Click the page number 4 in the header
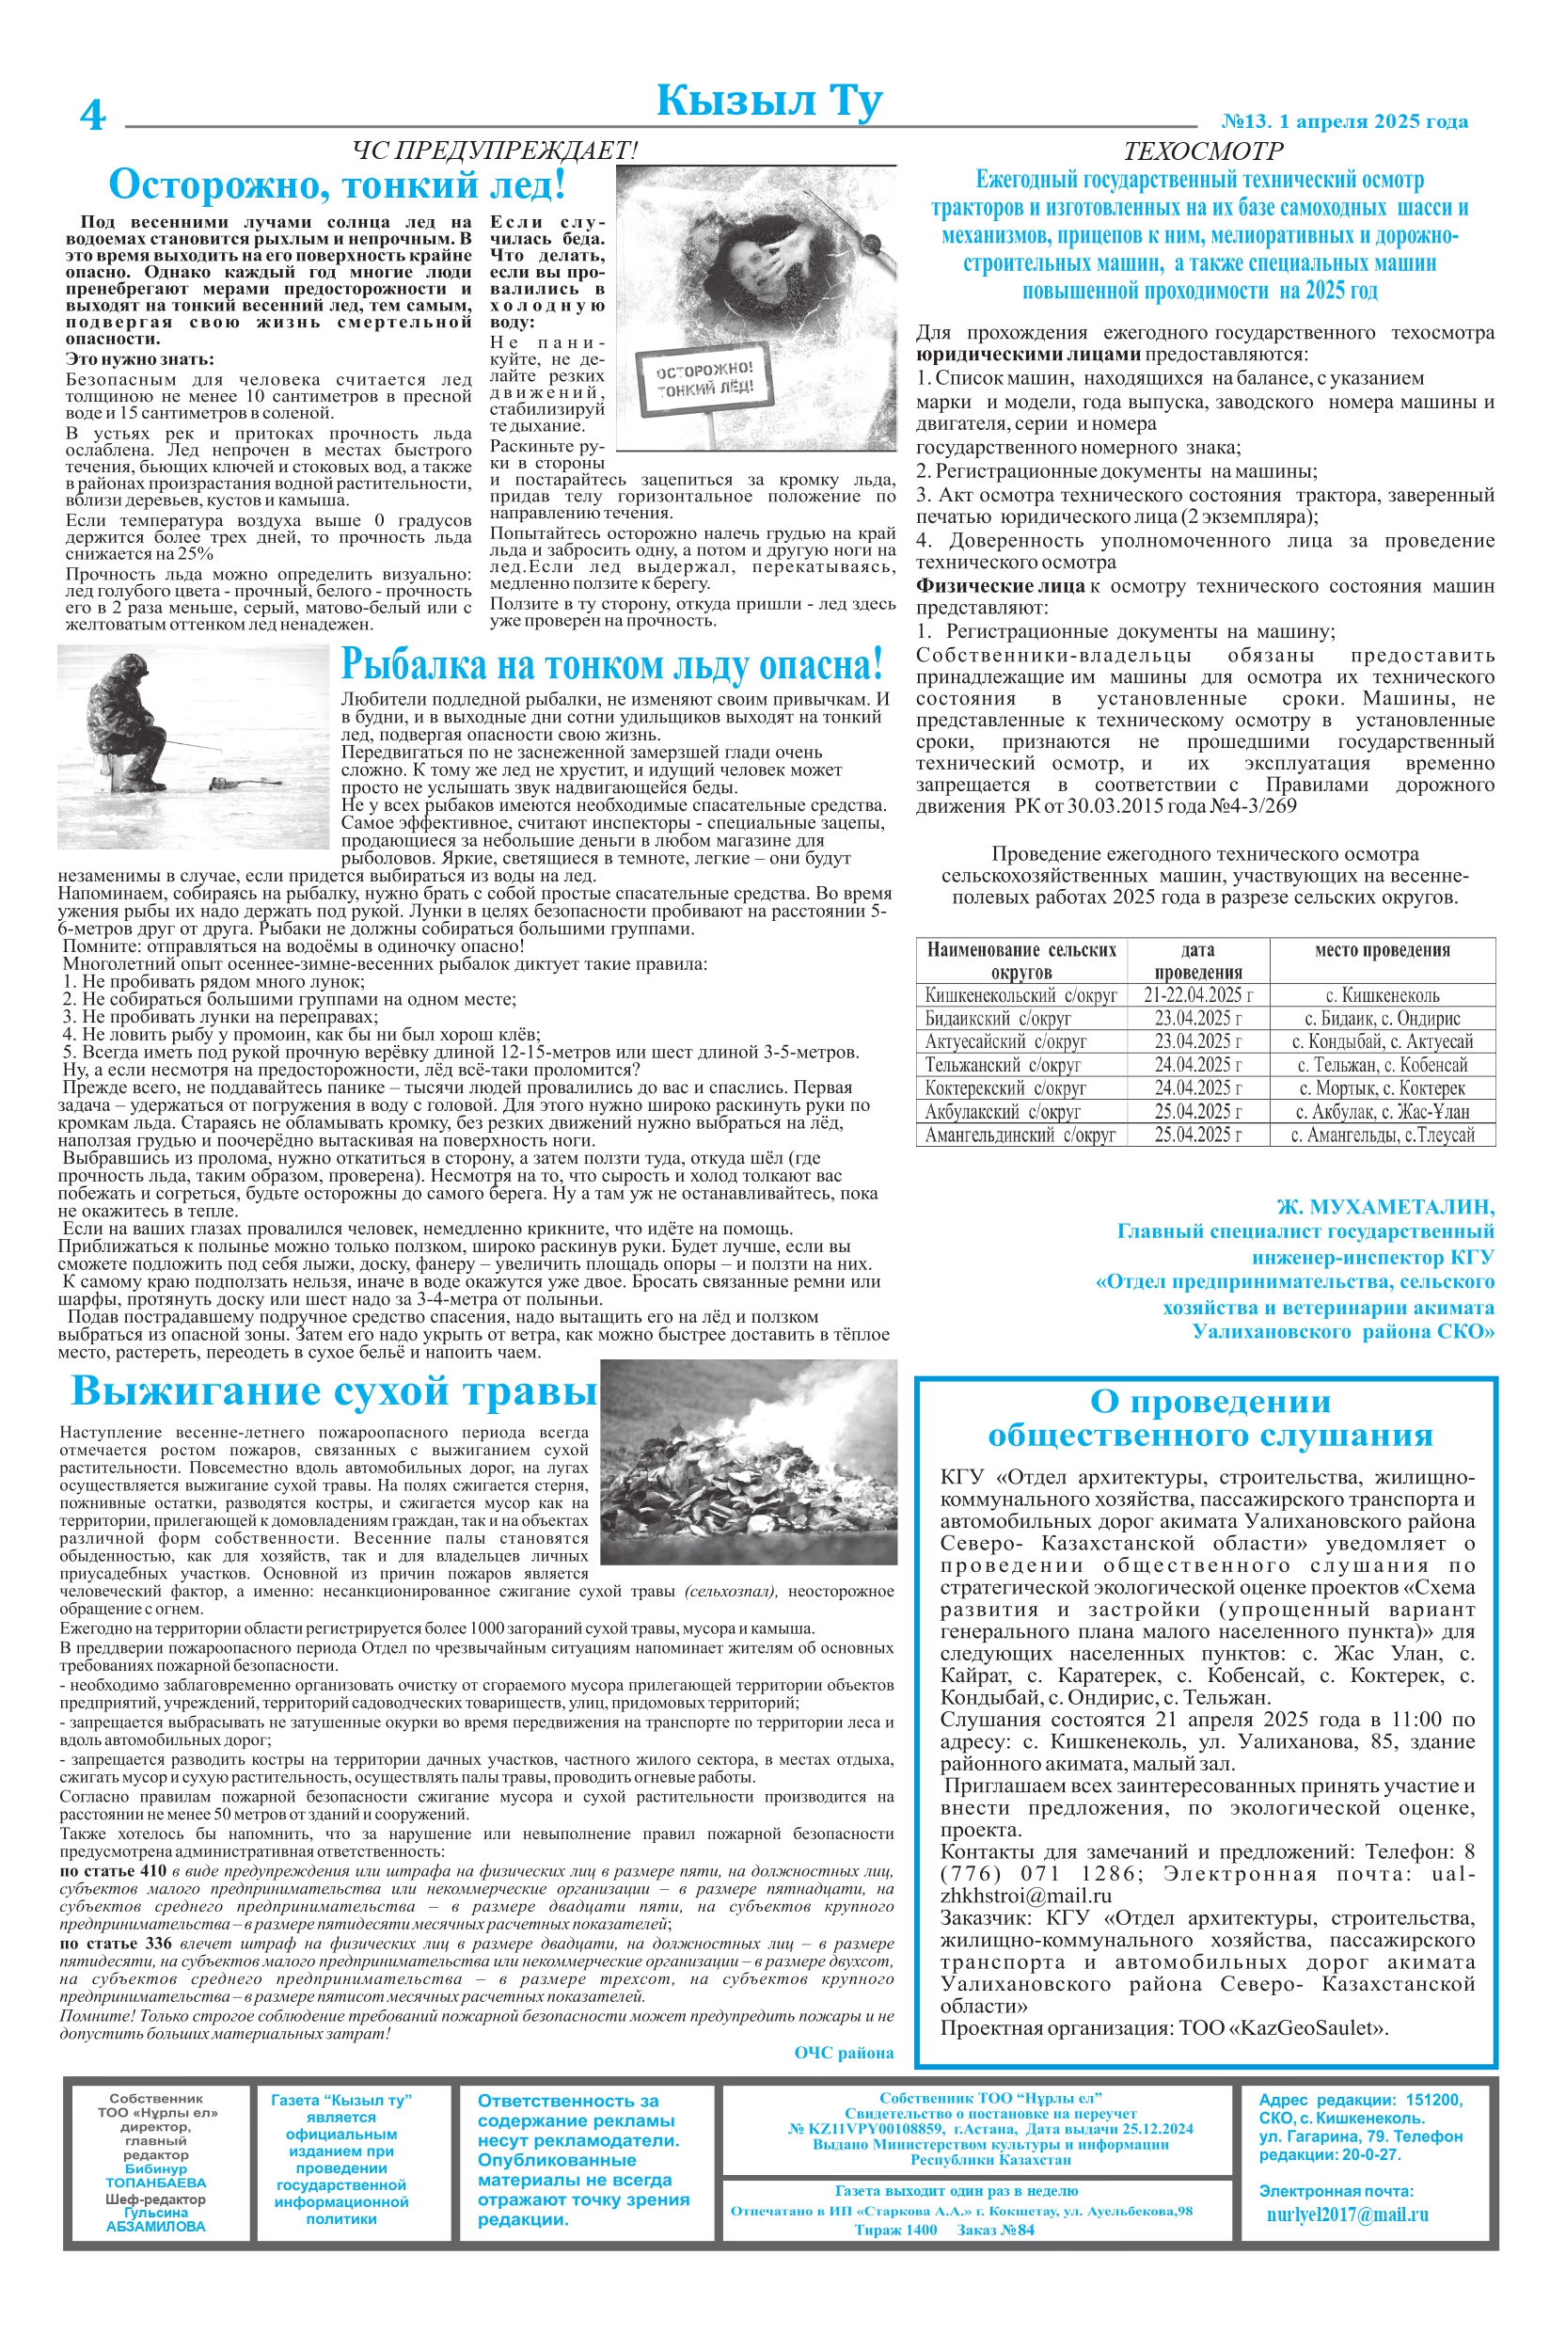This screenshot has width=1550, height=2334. tap(92, 115)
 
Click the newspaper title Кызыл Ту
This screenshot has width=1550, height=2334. tap(769, 102)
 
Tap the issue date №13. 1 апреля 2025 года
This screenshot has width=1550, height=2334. tap(1344, 121)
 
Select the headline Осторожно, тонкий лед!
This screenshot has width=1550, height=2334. tap(337, 185)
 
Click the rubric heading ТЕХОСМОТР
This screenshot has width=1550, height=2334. tap(1203, 151)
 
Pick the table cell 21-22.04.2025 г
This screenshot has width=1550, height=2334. tap(1197, 995)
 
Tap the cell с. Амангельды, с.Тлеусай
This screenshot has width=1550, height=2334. tap(1382, 1135)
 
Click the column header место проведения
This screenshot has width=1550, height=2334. tap(1382, 950)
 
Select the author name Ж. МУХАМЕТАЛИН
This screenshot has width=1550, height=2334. tap(1384, 1206)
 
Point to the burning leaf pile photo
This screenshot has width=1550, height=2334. tap(749, 1462)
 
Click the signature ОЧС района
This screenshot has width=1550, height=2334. tap(844, 2054)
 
